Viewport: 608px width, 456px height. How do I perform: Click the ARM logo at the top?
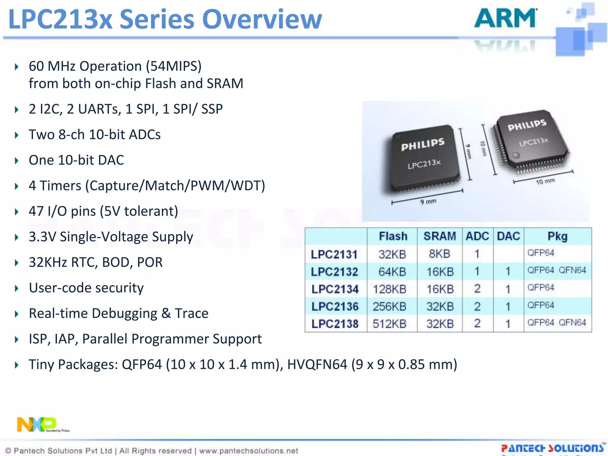(x=505, y=18)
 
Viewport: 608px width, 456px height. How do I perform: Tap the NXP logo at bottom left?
(x=37, y=425)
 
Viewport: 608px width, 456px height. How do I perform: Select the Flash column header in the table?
(x=393, y=236)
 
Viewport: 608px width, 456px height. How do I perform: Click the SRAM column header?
(x=440, y=236)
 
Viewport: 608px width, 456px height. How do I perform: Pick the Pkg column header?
(x=558, y=236)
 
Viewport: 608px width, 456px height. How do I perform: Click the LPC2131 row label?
(x=334, y=254)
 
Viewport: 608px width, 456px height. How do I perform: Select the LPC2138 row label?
(x=335, y=324)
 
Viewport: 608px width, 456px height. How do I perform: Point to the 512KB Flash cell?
(x=389, y=324)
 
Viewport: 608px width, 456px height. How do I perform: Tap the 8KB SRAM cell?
(x=440, y=254)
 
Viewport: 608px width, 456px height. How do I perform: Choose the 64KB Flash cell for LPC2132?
(x=392, y=272)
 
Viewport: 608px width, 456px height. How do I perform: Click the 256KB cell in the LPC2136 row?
(x=389, y=306)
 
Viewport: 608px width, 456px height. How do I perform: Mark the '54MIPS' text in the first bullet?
(x=174, y=66)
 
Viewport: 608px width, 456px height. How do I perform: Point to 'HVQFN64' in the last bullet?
(x=317, y=365)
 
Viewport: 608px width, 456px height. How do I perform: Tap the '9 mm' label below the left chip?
(x=428, y=202)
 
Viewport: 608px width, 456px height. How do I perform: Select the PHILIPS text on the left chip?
(x=423, y=144)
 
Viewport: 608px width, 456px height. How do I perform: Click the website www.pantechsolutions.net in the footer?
(x=248, y=451)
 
